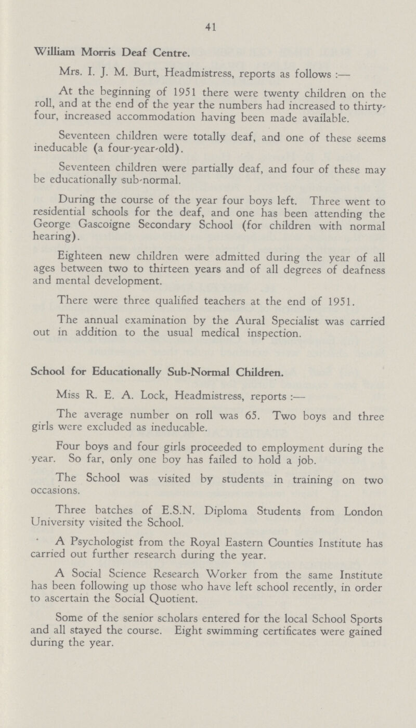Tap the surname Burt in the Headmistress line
(126, 72)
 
